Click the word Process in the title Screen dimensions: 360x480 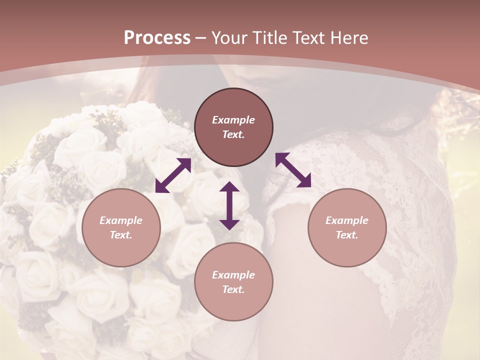coord(157,38)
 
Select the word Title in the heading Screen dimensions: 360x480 coord(270,38)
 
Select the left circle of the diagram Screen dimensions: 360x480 coord(121,227)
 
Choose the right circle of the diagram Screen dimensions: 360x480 coord(347,227)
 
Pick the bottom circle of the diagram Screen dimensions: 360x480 coord(233,282)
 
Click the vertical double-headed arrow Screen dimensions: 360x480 coord(229,205)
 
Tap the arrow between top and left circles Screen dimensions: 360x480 coord(173,175)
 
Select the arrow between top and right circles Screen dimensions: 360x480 coord(293,170)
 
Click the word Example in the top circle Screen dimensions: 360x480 coord(233,120)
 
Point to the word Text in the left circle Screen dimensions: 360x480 coord(121,235)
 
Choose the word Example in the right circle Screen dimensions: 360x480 coord(347,220)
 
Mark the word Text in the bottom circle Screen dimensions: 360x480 coord(233,289)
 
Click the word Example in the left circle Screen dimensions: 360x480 coord(121,220)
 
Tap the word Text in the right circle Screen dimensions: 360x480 coord(347,235)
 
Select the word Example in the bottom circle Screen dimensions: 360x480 coord(233,275)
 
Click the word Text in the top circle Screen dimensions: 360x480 coord(233,134)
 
